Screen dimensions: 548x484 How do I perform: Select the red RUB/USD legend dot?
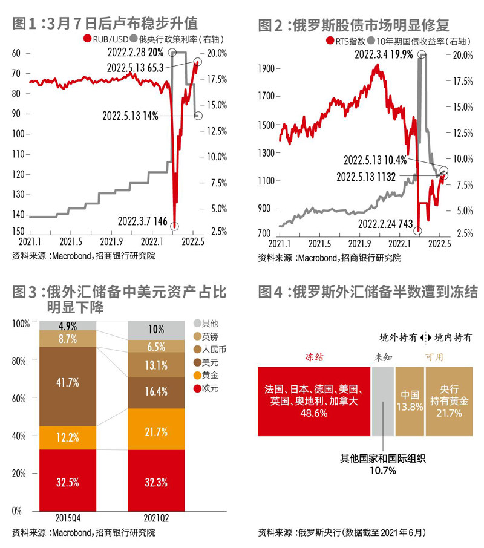87,40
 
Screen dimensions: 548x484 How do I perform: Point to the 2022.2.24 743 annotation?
385,224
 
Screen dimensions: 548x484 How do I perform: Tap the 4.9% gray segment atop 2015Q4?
68,326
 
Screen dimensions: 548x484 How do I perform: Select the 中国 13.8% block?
410,400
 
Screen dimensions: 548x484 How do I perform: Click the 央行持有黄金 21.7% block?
448,400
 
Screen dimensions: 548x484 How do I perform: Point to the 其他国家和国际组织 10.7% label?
382,464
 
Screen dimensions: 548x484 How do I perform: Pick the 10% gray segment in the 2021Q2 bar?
157,330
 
